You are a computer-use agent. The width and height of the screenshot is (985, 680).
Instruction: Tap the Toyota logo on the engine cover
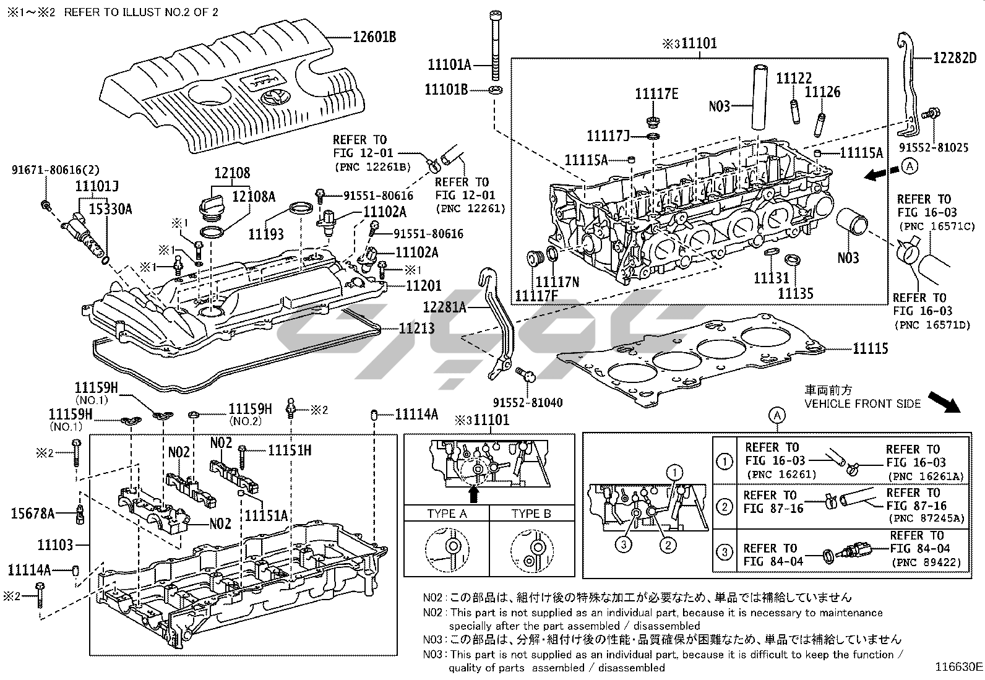click(271, 97)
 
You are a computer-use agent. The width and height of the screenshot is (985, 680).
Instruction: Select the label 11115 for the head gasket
click(870, 349)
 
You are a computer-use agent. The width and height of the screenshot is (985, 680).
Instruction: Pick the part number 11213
click(416, 328)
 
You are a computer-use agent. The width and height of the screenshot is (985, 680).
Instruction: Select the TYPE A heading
click(447, 514)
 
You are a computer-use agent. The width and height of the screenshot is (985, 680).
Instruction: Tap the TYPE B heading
click(531, 514)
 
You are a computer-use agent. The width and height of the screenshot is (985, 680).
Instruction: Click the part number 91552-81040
click(528, 403)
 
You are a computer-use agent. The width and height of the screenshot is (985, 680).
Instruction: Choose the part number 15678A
click(33, 513)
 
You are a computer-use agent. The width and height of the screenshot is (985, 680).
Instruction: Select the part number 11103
click(55, 545)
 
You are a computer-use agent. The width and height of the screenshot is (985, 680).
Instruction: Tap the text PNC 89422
click(926, 562)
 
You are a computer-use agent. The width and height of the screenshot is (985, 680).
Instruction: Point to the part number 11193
click(266, 234)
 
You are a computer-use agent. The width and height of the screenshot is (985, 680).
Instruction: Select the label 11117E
click(656, 93)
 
